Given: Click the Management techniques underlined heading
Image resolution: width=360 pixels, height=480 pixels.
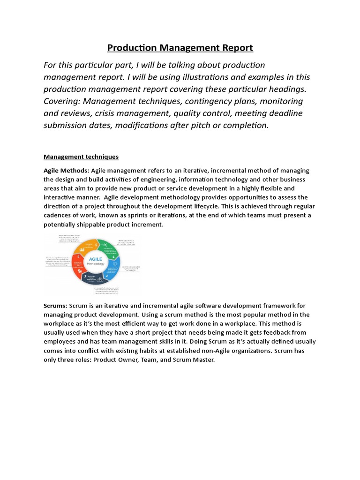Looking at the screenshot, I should click(x=81, y=157).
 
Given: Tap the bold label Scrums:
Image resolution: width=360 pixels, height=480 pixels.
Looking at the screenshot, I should click(x=55, y=306).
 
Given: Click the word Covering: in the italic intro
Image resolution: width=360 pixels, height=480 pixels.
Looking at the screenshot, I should click(x=64, y=101).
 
